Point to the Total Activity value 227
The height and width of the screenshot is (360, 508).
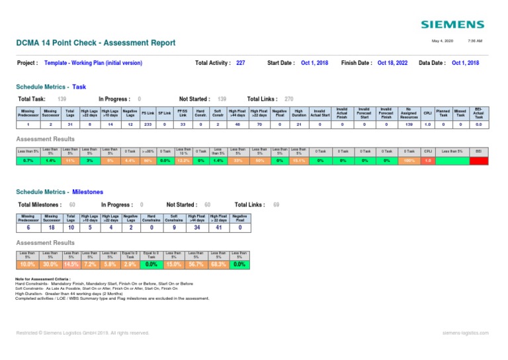240,63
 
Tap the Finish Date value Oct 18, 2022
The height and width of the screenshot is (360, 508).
394,63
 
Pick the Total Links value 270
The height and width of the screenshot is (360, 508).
289,98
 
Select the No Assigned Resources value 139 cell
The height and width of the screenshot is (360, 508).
409,124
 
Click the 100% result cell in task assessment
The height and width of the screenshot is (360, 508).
409,160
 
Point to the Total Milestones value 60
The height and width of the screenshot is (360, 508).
72,205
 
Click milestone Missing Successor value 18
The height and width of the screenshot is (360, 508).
50,229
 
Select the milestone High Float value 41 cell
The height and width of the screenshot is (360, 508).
218,229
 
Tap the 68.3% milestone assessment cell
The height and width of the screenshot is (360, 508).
218,264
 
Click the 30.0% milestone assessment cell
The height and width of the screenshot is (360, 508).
50,264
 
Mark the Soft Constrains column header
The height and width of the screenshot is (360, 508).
173,218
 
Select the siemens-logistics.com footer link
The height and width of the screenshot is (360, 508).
465,333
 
